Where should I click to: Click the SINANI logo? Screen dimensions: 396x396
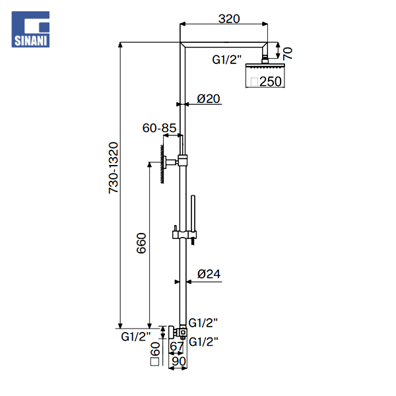[x=30, y=29]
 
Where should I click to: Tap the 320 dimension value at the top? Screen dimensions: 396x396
[x=229, y=18]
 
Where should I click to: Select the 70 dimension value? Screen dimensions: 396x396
[x=287, y=53]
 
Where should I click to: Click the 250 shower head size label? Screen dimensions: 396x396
[x=270, y=82]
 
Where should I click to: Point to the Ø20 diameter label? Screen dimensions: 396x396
[x=209, y=98]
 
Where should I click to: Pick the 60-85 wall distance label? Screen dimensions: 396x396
[x=159, y=128]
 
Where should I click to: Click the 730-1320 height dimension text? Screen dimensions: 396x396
[x=114, y=168]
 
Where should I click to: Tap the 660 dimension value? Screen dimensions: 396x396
[x=141, y=243]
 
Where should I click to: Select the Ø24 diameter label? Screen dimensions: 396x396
[x=209, y=274]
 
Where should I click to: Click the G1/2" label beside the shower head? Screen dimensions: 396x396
[x=227, y=60]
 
